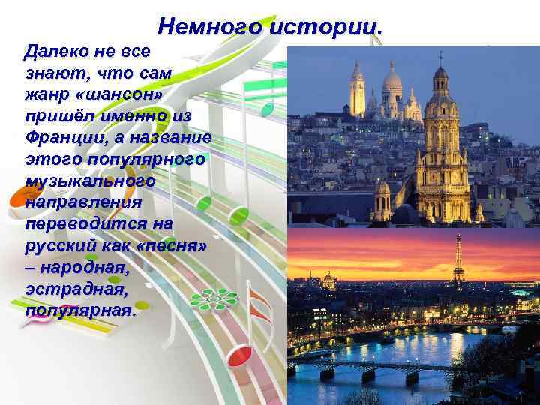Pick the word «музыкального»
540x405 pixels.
coord(90,181)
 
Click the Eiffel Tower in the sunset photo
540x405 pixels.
coord(457,260)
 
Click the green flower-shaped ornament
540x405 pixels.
coord(214,298)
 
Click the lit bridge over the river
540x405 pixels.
coord(371,367)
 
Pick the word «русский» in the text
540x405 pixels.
coord(55,245)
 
